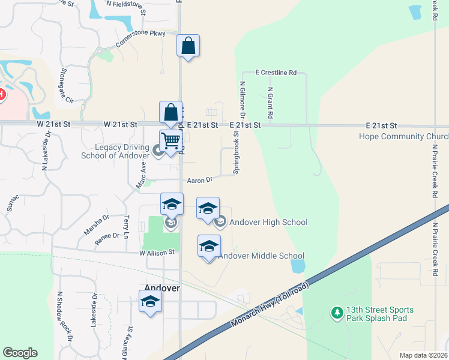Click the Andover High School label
(268, 223)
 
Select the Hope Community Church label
(403, 136)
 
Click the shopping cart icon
(171, 141)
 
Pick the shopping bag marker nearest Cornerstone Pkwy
(188, 46)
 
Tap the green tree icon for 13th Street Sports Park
(337, 313)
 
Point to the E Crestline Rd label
(276, 73)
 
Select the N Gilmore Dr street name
(243, 100)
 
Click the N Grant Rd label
(271, 101)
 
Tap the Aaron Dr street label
(200, 179)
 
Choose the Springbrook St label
(237, 154)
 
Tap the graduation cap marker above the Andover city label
(150, 301)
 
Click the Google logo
(20, 353)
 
